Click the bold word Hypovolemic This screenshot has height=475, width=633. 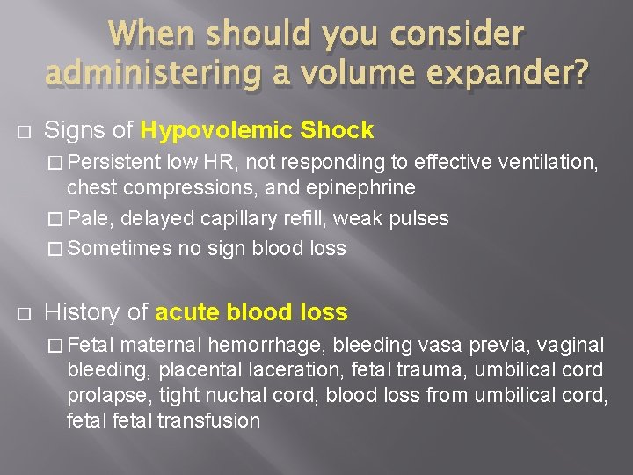coord(217,131)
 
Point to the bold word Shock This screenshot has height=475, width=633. coord(338,131)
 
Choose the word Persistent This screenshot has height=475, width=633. coord(113,162)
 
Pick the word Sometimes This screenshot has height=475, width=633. coord(120,249)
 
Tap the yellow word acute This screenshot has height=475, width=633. coord(187,311)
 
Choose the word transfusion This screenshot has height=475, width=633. coord(208,420)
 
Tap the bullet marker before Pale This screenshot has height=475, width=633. coord(55,219)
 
